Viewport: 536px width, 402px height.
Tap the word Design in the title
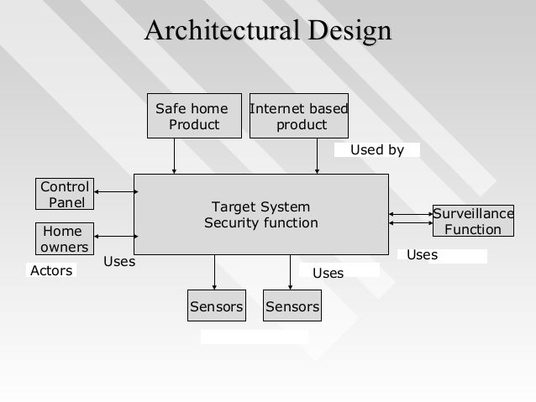[349, 31]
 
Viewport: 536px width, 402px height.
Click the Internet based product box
[300, 117]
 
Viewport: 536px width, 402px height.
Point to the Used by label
[376, 150]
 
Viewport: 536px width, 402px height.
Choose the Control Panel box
[66, 194]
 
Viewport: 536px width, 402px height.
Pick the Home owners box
[63, 238]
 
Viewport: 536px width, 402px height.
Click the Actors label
[51, 270]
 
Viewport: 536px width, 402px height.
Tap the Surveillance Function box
[472, 222]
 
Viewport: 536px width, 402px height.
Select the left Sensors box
[216, 306]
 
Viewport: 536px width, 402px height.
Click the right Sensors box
[292, 306]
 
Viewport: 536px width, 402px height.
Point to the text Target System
[260, 207]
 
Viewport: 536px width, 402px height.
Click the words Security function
[261, 223]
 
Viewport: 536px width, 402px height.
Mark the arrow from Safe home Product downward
[175, 156]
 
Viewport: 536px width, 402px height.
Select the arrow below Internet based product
[318, 156]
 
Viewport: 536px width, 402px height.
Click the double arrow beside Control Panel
[116, 192]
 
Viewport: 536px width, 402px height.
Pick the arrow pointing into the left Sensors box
[215, 272]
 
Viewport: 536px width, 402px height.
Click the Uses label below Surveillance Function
[422, 254]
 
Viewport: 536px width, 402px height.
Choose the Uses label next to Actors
[119, 262]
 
